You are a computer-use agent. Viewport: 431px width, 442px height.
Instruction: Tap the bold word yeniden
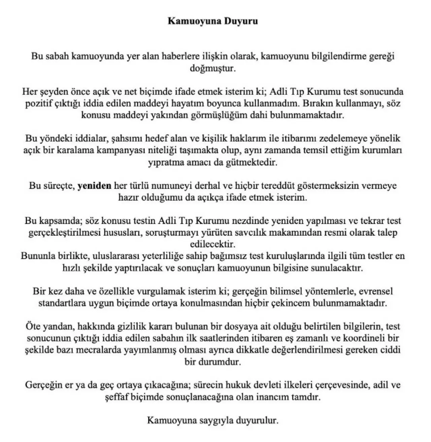click(x=94, y=186)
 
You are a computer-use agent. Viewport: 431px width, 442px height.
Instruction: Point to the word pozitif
click(x=38, y=103)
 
